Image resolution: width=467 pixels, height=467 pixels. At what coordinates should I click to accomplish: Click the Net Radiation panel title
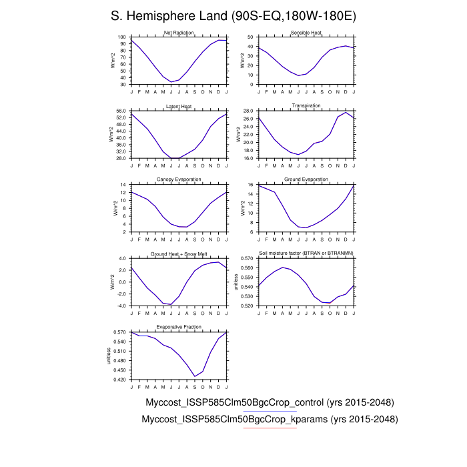179,33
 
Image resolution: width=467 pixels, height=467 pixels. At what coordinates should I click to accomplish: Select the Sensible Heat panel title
306,33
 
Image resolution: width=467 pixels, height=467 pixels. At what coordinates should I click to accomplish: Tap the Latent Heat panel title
179,105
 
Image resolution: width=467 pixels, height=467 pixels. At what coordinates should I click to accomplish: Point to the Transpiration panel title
306,105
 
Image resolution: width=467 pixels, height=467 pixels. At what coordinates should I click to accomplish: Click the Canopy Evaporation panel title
179,179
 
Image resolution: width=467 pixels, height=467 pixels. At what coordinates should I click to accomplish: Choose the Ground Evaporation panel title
306,179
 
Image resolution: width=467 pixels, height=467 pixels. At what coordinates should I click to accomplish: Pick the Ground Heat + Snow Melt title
179,254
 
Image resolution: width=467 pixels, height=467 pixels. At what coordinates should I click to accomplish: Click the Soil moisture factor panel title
306,254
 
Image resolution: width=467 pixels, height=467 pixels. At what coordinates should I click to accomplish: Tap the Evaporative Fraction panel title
179,327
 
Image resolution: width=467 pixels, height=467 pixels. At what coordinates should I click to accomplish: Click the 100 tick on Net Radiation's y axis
122,37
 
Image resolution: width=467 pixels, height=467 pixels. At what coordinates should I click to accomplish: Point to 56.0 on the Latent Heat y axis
121,111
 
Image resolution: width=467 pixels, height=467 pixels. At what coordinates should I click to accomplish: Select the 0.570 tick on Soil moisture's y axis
246,258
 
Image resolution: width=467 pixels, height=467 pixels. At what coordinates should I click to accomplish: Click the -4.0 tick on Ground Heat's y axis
121,306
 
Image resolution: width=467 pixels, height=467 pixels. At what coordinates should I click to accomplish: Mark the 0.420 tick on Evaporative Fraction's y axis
120,380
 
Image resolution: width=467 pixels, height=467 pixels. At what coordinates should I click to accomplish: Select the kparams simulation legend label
270,420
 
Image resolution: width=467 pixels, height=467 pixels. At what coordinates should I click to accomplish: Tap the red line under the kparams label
270,428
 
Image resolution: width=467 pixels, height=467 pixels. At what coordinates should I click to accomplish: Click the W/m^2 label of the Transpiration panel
238,134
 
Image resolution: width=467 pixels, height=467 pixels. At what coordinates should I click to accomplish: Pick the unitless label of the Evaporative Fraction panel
111,355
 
